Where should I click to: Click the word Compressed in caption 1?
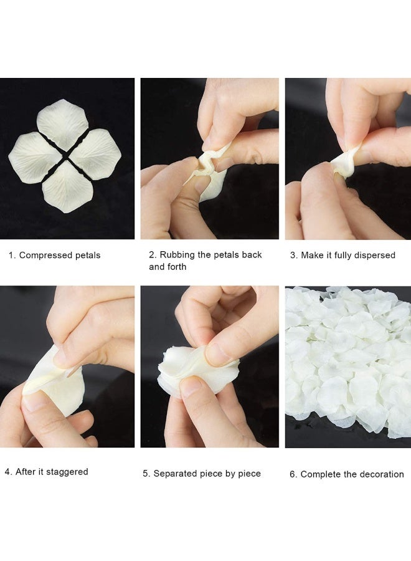coord(42,255)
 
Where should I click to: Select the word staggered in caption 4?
coord(67,472)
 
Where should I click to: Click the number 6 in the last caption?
coord(292,474)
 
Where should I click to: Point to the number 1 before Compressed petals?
coord(11,255)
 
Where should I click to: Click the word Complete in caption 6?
coord(320,474)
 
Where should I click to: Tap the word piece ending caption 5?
coord(248,474)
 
